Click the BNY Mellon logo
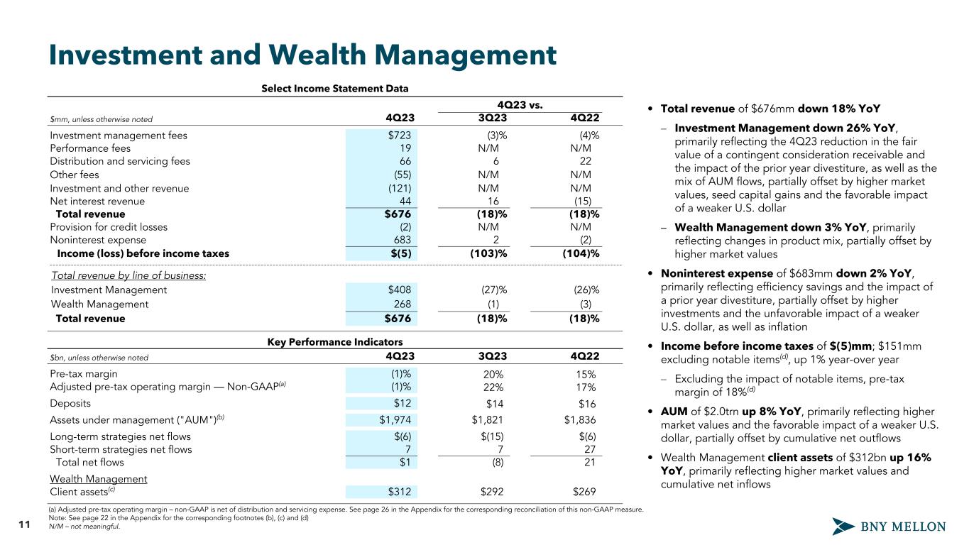[889, 527]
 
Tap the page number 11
[23, 526]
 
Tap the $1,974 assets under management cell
[395, 419]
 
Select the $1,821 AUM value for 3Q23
[489, 419]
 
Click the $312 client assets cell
[400, 492]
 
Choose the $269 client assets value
[584, 492]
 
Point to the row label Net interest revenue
[97, 201]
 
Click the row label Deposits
[70, 403]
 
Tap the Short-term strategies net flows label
[121, 449]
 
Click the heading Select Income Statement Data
[334, 89]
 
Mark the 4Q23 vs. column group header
[521, 105]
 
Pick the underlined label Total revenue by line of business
[128, 275]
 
